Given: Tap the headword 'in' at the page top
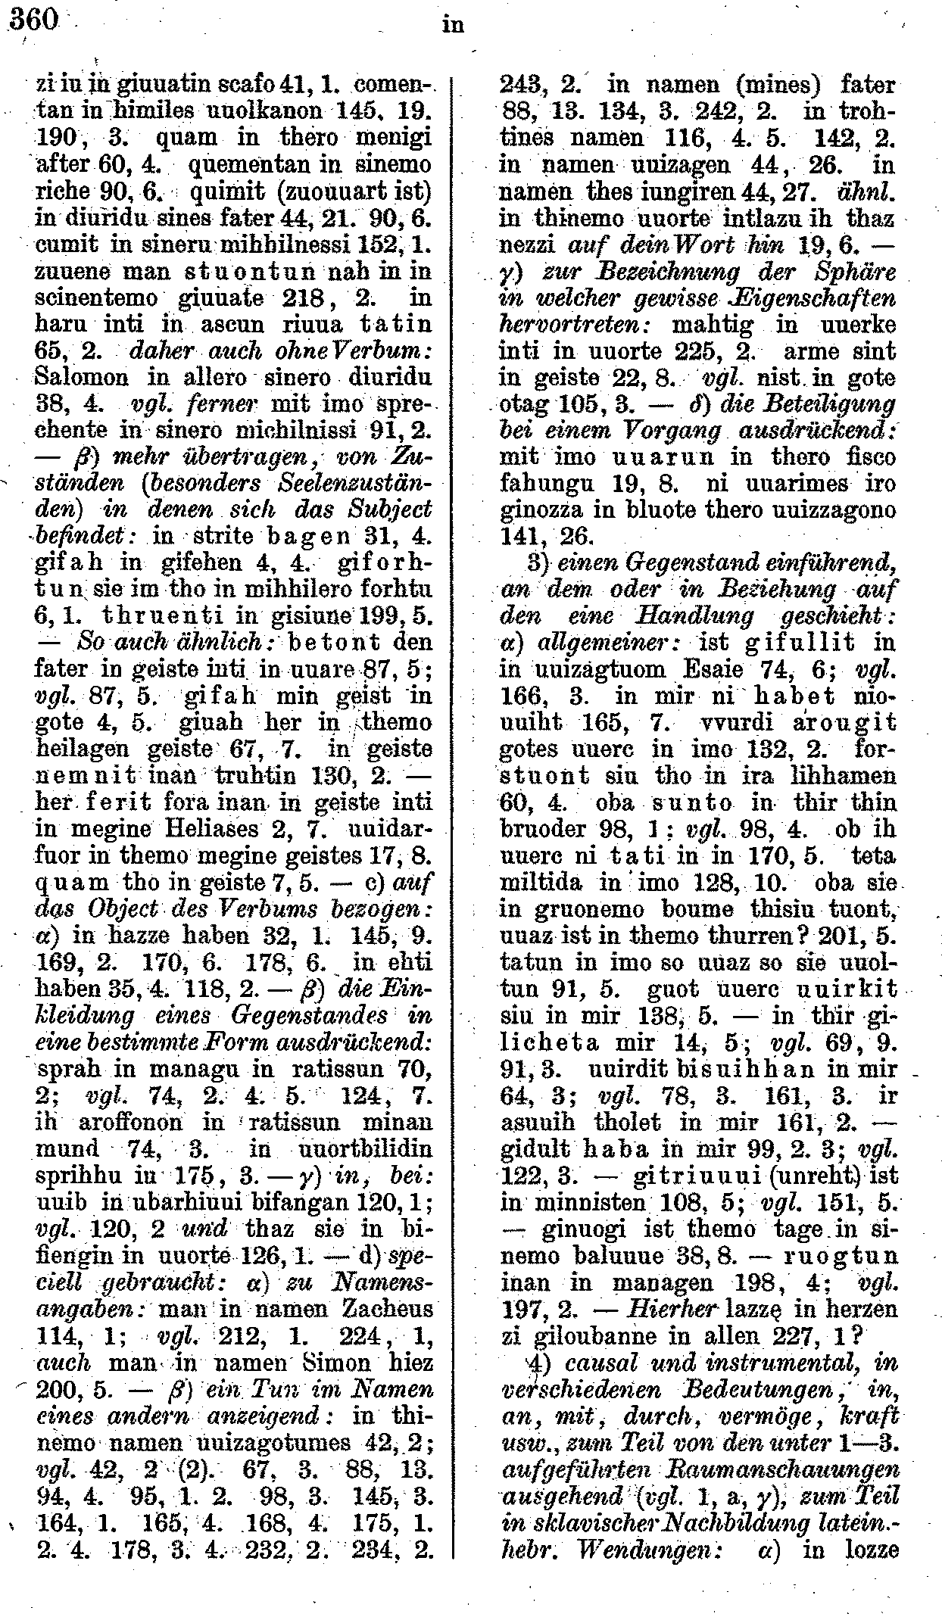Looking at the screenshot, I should point(452,25).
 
